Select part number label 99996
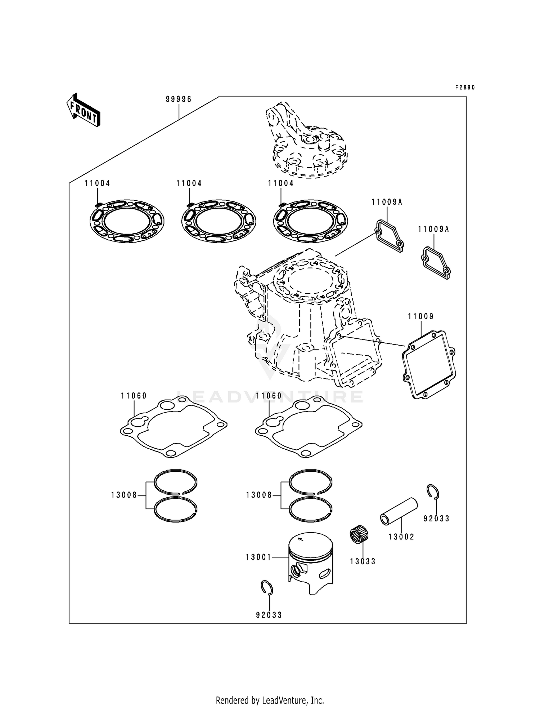(x=179, y=99)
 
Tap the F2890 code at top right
(x=465, y=88)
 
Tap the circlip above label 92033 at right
(x=433, y=492)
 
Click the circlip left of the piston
(x=267, y=588)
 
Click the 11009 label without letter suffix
(x=420, y=316)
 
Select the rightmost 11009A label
(x=433, y=229)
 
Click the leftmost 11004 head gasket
(x=126, y=221)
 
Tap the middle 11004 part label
(x=189, y=183)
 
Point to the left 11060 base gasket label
(x=134, y=396)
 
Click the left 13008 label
(x=124, y=495)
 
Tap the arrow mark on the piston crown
(x=301, y=539)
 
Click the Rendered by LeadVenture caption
(x=270, y=700)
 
